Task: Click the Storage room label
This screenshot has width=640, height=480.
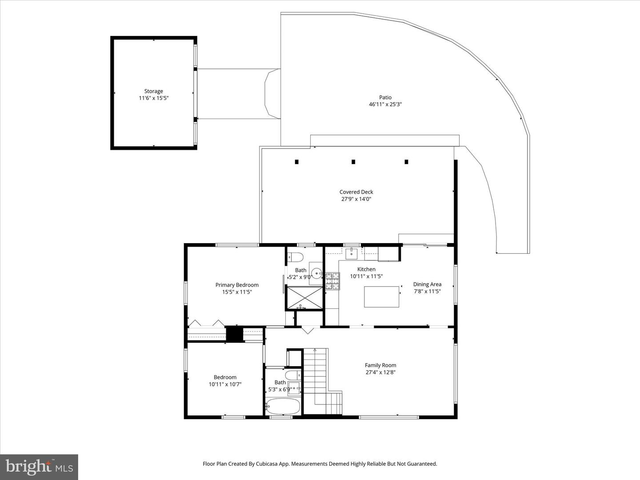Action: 154,91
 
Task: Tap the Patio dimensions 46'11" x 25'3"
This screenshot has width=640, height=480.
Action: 385,104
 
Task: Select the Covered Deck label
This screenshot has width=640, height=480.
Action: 356,192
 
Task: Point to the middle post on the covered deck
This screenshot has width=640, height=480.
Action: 353,162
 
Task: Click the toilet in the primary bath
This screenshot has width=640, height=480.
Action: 296,257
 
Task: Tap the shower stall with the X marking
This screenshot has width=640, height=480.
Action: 304,298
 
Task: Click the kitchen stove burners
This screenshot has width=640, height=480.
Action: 333,281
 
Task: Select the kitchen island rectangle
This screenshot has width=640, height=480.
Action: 381,297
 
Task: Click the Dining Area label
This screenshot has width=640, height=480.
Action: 427,284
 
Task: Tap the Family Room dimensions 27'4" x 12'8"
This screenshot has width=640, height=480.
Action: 380,372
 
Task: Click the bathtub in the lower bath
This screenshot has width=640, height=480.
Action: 283,407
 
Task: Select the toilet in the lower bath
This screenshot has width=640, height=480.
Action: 293,375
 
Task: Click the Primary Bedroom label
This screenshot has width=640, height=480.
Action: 237,285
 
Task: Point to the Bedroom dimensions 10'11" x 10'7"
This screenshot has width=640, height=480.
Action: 225,384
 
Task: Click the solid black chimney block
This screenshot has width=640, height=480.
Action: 234,334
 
